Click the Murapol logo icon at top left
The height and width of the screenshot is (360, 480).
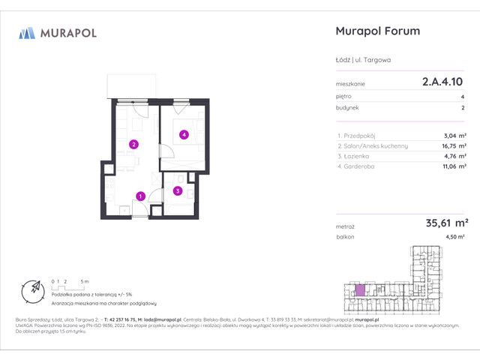coord(27,32)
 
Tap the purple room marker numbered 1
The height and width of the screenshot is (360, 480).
coord(140,196)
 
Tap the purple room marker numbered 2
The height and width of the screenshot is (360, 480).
coord(133,144)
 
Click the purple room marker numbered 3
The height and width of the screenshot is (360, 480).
coord(178,190)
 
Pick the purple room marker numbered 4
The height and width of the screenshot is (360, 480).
coord(184,135)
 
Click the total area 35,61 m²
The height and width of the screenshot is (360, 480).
coord(447,222)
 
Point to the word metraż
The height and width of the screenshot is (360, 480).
coord(346,225)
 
